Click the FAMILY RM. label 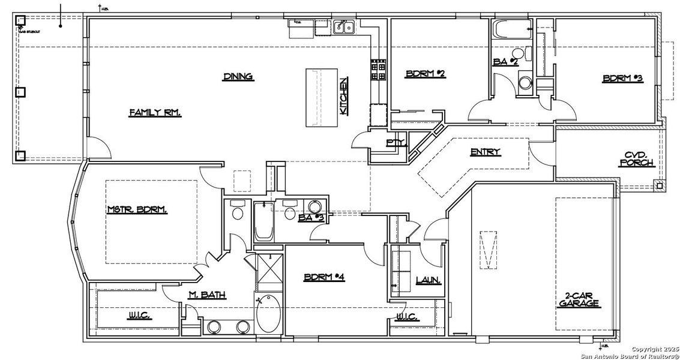tap(155, 112)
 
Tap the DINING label tap(238, 76)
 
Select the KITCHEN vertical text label tap(343, 97)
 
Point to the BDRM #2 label tap(425, 74)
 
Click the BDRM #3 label tap(622, 79)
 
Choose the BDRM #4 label tap(323, 277)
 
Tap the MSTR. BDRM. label tap(137, 209)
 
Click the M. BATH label tap(206, 294)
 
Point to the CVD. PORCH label tap(636, 158)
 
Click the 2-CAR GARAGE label tap(582, 299)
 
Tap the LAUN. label tap(429, 280)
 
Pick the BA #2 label tap(506, 61)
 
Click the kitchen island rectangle tap(323, 97)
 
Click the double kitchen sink tap(345, 26)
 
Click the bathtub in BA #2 tap(510, 28)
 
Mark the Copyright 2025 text tap(654, 349)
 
